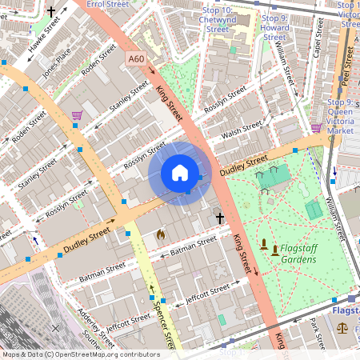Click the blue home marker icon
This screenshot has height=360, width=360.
coord(180,173)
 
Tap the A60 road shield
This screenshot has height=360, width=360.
coord(136,59)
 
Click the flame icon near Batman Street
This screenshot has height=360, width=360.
coord(161,235)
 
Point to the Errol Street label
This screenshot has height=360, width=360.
coord(106,4)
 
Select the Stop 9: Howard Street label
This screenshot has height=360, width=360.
coord(274,27)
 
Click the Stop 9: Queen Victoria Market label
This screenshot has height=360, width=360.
coord(341,115)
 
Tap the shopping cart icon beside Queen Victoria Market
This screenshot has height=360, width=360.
coord(317,127)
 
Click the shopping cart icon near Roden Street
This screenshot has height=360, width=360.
coord(77,115)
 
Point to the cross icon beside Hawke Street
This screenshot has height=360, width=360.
coord(52,12)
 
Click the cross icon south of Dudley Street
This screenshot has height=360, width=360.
coord(219,218)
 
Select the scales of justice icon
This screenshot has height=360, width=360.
coord(342,327)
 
